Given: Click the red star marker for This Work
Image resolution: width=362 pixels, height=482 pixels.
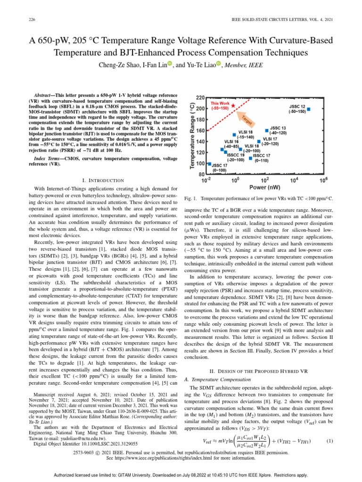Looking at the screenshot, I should tap(234, 106).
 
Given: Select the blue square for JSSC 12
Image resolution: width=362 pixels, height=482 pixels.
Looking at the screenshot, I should tap(309, 110).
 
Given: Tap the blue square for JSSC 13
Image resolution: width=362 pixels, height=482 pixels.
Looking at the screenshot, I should tap(267, 130).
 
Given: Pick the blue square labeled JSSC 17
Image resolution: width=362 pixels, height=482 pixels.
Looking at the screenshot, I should tap(210, 164).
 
